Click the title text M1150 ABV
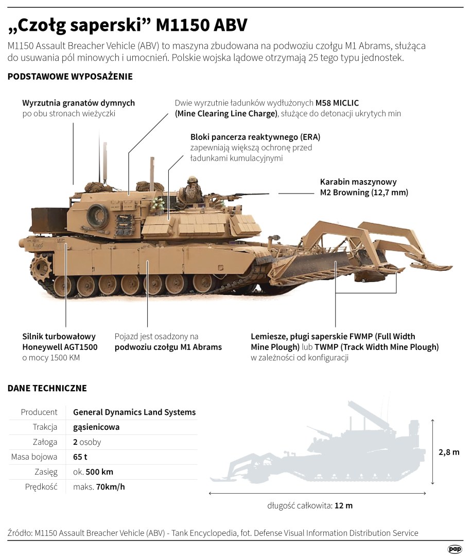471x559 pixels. tap(202, 24)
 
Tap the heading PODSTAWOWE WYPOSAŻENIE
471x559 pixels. tap(70, 77)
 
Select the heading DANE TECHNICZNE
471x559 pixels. tap(47, 388)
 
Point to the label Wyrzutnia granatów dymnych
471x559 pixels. tap(78, 103)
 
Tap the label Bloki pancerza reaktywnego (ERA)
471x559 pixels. tap(255, 137)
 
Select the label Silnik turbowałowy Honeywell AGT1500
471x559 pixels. tap(60, 342)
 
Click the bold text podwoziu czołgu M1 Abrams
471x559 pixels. tap(168, 347)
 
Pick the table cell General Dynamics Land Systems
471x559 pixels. tap(134, 412)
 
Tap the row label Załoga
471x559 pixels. tap(45, 442)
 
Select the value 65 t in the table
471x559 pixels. tap(80, 457)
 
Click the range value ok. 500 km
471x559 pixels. tap(93, 472)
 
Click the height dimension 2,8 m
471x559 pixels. tap(448, 452)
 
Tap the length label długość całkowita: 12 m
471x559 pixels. tap(310, 505)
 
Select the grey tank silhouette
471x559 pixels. tap(329, 453)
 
